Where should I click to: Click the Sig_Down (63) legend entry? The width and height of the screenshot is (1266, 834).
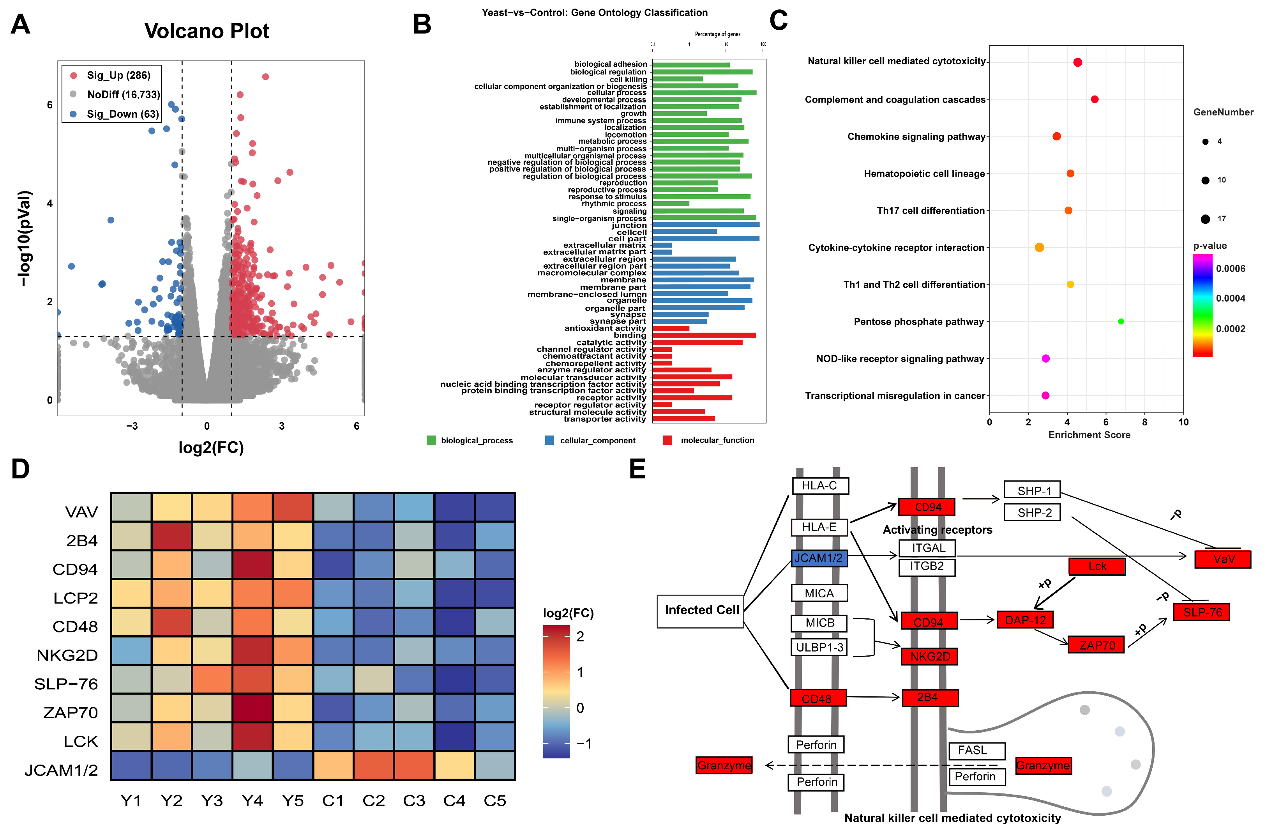[x=122, y=114]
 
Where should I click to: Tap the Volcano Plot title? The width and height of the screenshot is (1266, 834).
[x=207, y=31]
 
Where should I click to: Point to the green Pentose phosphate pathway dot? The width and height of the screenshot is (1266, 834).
[x=1121, y=321]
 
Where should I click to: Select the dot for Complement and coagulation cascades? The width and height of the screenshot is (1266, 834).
[x=1094, y=99]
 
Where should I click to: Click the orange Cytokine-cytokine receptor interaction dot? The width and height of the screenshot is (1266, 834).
[x=1039, y=248]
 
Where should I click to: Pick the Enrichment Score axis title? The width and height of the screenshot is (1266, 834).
[x=1089, y=435]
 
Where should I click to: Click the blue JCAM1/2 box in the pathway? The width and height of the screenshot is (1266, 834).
[x=818, y=558]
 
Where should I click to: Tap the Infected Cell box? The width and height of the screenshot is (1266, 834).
[x=701, y=611]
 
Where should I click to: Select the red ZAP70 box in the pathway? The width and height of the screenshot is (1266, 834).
[x=1096, y=645]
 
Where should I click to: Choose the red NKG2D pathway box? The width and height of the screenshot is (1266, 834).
[x=929, y=656]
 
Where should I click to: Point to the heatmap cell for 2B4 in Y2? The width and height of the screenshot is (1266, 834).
[x=171, y=537]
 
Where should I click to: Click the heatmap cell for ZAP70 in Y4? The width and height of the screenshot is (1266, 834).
[x=252, y=708]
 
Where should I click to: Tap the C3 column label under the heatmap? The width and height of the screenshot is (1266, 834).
[x=414, y=801]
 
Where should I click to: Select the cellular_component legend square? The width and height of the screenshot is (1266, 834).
[x=549, y=440]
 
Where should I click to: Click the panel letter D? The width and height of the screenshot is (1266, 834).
[x=20, y=469]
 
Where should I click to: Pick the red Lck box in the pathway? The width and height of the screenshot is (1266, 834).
[x=1097, y=566]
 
